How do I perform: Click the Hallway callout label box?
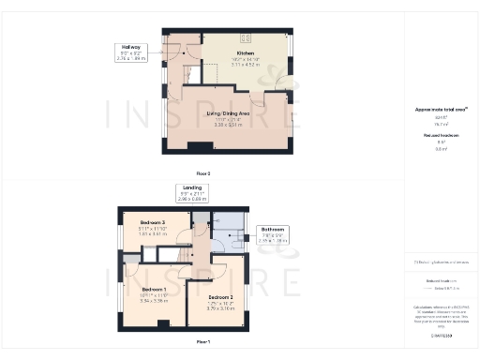coord(130,52)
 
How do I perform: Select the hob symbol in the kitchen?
coord(248,38)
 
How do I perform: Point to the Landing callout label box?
coord(192,193)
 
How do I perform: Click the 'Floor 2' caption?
coord(203,173)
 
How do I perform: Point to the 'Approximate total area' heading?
coord(440,110)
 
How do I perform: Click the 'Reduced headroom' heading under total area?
coord(440,136)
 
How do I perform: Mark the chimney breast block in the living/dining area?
coord(198,145)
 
